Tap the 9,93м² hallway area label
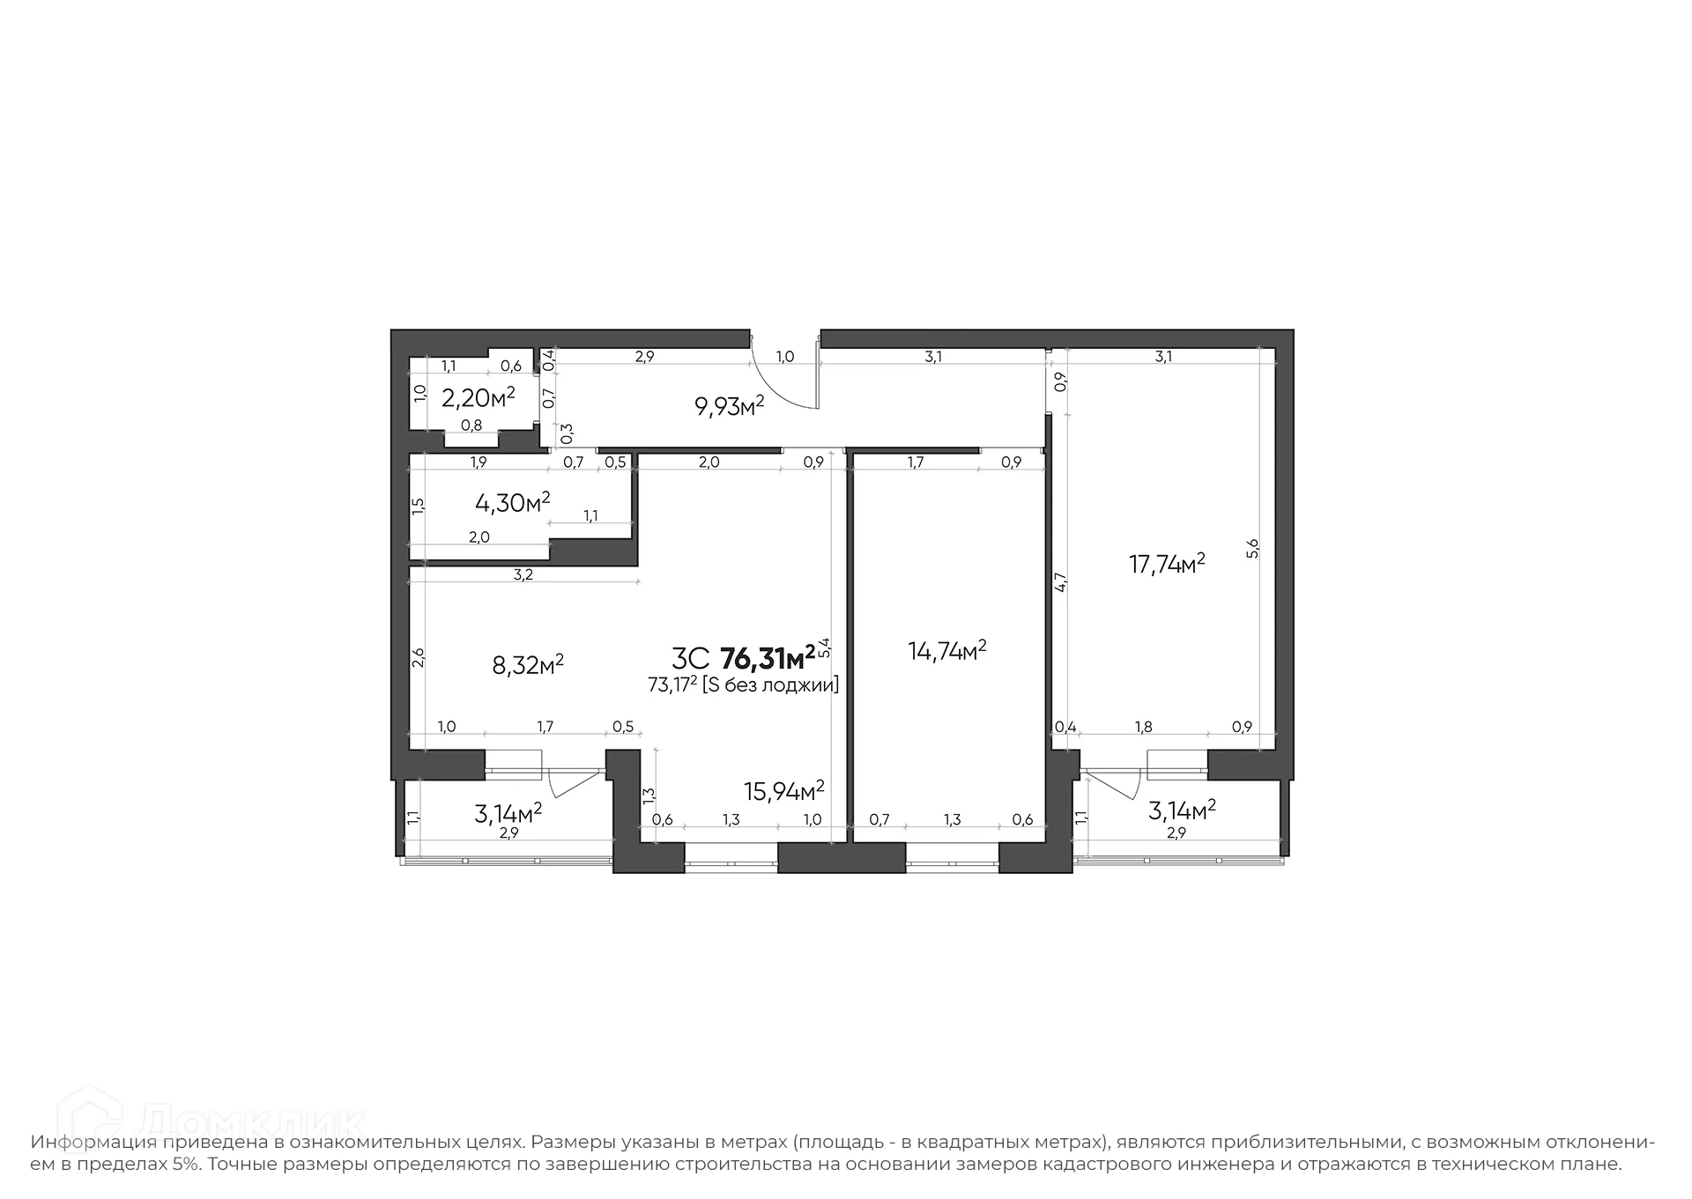[729, 406]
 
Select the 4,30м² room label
[512, 502]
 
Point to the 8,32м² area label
[528, 664]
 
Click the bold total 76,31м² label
[768, 658]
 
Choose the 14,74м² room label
[946, 651]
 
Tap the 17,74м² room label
[1167, 564]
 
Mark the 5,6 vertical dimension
[1253, 548]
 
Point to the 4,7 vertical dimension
[1061, 582]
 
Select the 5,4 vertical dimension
[824, 648]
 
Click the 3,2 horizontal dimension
[523, 575]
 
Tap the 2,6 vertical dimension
[419, 657]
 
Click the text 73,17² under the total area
[672, 685]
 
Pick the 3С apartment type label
[690, 659]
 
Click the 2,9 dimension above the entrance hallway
[644, 357]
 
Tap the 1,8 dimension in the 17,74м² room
[1143, 728]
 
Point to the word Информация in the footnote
[94, 1143]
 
